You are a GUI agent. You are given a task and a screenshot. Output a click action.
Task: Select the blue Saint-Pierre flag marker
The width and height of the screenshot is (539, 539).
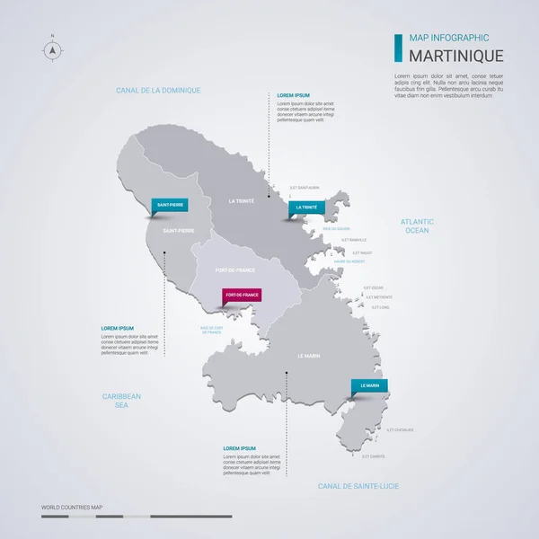(170, 205)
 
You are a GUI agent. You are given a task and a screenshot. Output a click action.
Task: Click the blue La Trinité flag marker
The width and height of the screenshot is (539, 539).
(305, 208)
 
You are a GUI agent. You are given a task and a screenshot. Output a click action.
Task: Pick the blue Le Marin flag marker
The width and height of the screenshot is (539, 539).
(369, 385)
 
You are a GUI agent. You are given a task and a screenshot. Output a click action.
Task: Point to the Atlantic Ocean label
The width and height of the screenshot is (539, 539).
(417, 225)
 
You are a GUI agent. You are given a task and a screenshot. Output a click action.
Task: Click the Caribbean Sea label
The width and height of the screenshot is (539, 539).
(121, 400)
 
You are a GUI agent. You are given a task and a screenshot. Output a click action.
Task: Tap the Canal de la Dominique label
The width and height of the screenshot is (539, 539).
(158, 91)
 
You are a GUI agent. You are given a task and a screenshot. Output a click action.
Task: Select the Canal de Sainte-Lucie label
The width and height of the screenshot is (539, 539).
(358, 485)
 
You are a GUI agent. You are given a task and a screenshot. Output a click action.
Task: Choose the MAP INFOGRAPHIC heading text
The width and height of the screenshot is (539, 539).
(448, 38)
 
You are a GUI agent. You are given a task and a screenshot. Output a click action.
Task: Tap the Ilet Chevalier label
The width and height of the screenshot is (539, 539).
(400, 429)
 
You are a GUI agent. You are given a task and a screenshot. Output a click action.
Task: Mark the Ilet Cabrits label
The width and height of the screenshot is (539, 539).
(373, 456)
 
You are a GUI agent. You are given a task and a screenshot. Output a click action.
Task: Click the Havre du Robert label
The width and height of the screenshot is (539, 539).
(349, 261)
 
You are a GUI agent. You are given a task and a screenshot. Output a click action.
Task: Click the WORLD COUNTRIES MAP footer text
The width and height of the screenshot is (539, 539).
(72, 508)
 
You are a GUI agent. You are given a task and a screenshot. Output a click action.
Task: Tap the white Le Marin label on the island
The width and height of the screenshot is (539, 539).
(308, 355)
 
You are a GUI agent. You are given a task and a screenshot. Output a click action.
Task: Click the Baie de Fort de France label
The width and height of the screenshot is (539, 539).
(217, 330)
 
